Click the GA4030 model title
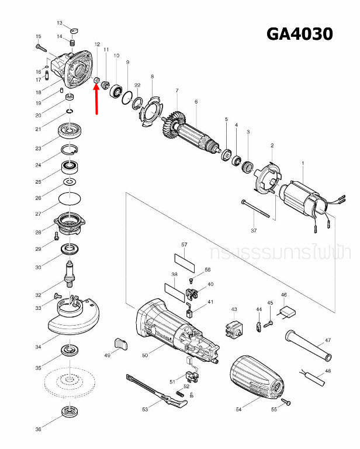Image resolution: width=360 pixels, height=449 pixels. [x=299, y=34]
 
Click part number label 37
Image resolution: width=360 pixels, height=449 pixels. [x=254, y=231]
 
